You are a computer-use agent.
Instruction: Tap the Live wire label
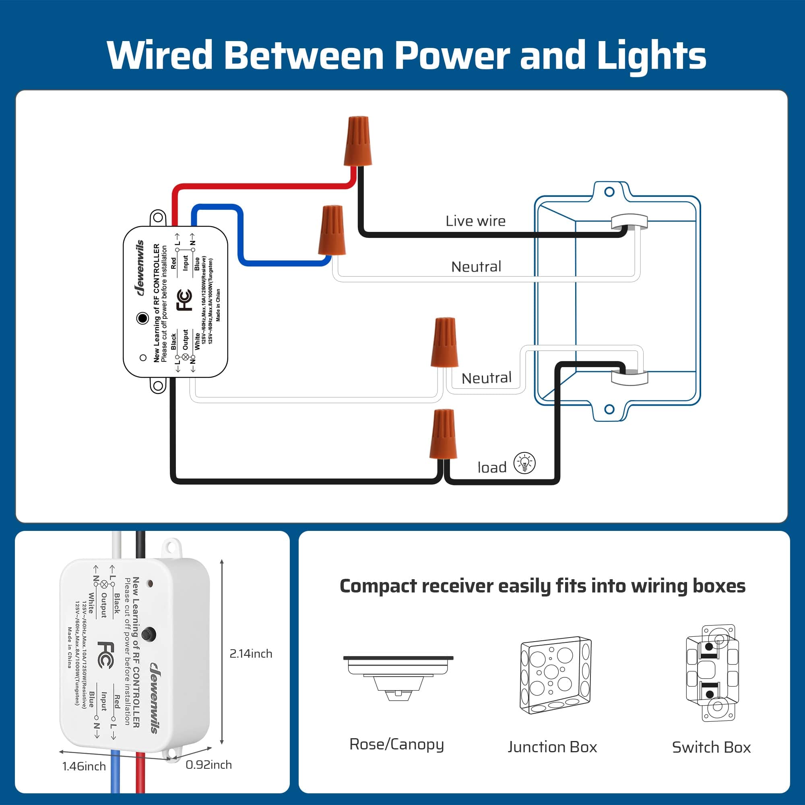[475, 221]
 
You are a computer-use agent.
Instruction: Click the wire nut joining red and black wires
[357, 141]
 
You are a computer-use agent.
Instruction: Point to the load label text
[492, 467]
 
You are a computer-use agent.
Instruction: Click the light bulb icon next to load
[524, 463]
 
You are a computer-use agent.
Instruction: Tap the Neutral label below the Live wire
[476, 267]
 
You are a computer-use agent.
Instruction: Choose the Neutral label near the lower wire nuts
[486, 378]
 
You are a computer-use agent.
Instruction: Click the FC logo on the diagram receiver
[185, 299]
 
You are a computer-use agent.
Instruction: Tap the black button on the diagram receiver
[142, 318]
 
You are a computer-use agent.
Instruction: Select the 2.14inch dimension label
[250, 653]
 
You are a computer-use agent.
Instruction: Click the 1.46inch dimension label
[84, 766]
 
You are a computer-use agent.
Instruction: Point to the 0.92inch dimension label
[208, 765]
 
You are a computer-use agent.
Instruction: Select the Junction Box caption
[552, 747]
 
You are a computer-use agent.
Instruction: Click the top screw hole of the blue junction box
[609, 192]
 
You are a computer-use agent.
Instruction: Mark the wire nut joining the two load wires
[443, 435]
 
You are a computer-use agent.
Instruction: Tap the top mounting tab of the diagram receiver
[158, 217]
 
